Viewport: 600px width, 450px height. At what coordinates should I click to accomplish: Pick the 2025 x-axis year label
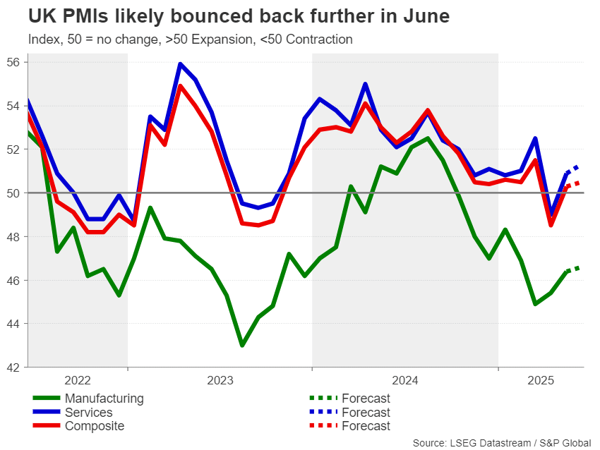pos(541,381)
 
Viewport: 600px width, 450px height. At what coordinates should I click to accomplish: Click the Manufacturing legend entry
pos(104,399)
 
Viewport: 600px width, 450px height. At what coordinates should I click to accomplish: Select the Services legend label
pos(88,413)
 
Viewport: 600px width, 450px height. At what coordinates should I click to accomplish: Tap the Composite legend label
pos(94,426)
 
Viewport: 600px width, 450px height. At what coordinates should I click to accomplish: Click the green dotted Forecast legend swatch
pos(321,399)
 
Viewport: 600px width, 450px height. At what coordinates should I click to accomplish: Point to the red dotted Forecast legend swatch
pos(321,426)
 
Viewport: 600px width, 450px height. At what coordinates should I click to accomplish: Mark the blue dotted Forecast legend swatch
pos(321,413)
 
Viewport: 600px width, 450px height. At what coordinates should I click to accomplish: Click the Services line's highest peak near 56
pos(180,64)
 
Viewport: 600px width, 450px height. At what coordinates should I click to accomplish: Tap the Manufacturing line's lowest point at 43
pos(242,345)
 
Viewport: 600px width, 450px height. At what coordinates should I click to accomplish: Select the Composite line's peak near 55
pos(180,86)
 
